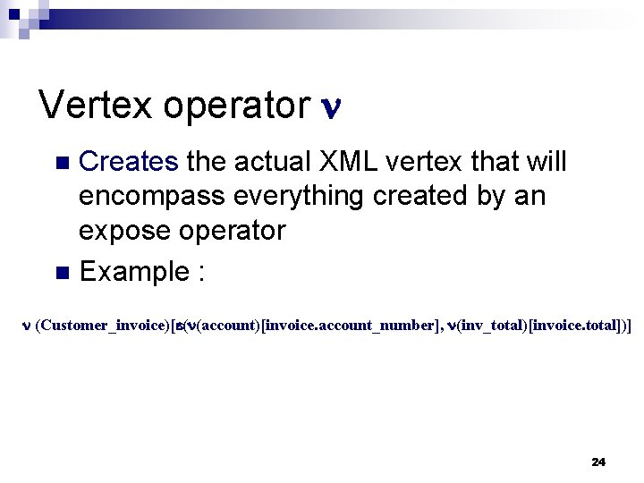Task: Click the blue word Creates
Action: pos(130,162)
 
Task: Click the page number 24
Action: pos(598,462)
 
